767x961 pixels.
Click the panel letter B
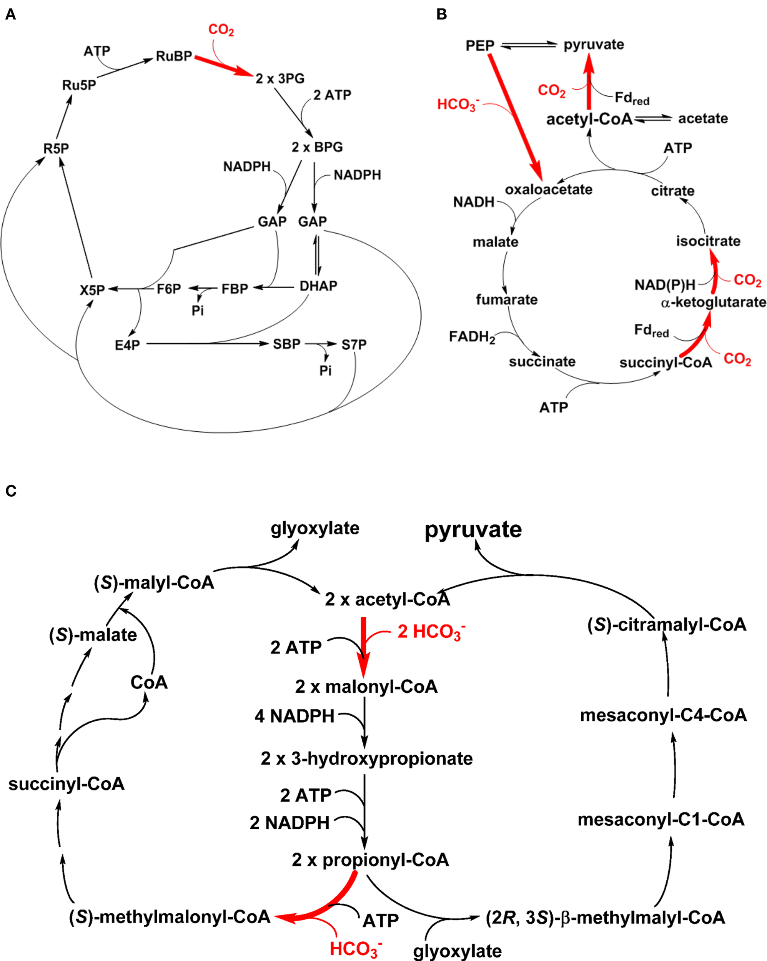pyautogui.click(x=441, y=15)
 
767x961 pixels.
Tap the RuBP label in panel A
pyautogui.click(x=173, y=56)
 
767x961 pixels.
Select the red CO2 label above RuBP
pyautogui.click(x=221, y=30)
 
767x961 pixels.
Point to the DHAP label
pyautogui.click(x=318, y=286)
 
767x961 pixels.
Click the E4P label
pyautogui.click(x=127, y=345)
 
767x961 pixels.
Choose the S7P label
pyautogui.click(x=354, y=344)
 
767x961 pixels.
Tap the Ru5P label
pyautogui.click(x=79, y=85)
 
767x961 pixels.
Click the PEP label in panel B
pyautogui.click(x=480, y=45)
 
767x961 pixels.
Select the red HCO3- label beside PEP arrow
pyautogui.click(x=458, y=104)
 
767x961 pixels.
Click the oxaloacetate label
pyautogui.click(x=549, y=190)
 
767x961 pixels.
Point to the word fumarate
pyautogui.click(x=507, y=299)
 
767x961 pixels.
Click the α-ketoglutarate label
pyautogui.click(x=714, y=302)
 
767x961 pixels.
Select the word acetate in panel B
pyautogui.click(x=703, y=118)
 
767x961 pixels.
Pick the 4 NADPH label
pyautogui.click(x=294, y=716)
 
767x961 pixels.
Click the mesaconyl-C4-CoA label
pyautogui.click(x=663, y=715)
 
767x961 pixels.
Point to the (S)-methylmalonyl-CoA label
pyautogui.click(x=170, y=917)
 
